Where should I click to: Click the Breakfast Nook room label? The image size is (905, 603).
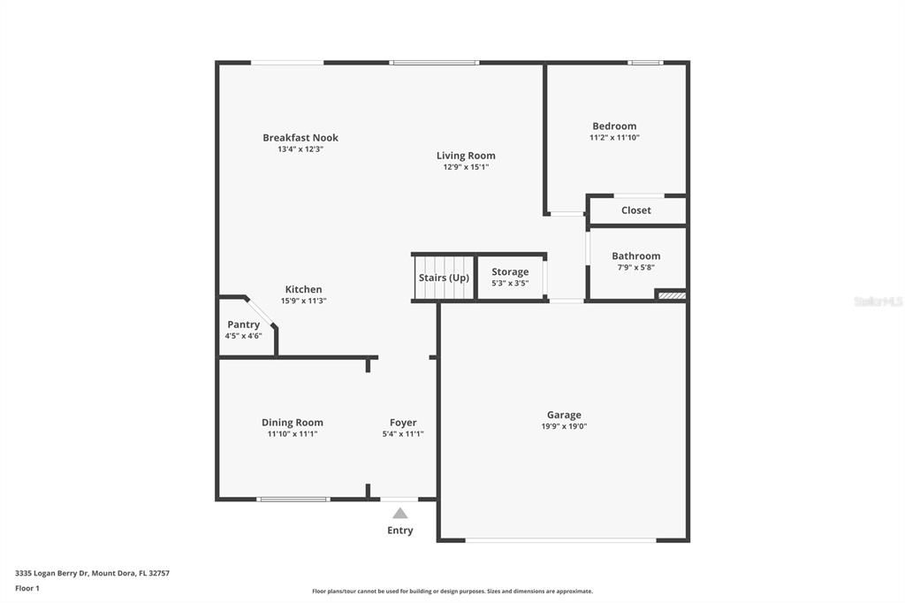[300, 138]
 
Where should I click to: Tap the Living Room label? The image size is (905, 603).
[466, 156]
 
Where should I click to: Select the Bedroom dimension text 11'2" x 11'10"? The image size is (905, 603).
[614, 138]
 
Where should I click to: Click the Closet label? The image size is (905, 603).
[636, 210]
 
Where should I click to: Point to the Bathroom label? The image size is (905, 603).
[636, 256]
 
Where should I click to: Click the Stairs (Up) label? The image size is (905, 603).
[444, 278]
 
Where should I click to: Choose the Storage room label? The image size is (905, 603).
[510, 272]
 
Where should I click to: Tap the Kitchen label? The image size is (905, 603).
[303, 289]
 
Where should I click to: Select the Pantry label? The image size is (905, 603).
[243, 324]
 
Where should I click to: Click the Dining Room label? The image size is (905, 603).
[293, 423]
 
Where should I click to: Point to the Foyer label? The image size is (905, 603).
[403, 423]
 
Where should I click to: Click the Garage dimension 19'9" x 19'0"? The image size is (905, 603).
[564, 426]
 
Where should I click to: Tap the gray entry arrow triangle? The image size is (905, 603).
[400, 513]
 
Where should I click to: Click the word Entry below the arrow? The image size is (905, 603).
[400, 530]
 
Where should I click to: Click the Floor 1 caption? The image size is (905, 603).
[27, 588]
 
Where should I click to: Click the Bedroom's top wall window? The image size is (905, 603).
[645, 63]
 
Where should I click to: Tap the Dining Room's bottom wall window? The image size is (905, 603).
[293, 500]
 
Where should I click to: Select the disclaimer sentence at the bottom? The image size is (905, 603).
[452, 592]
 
